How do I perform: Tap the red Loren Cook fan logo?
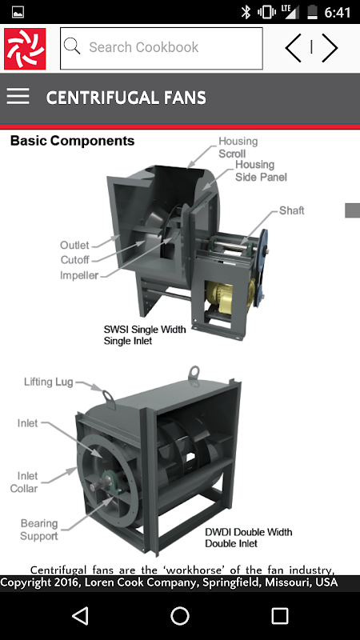25,49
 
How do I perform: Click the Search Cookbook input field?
162,48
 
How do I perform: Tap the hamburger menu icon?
18,97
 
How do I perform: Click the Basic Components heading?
72,141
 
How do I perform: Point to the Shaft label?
291,210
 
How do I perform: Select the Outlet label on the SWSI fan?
74,246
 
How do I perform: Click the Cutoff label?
74,260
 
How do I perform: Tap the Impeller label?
79,275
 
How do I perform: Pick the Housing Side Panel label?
261,170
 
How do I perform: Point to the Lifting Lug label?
49,382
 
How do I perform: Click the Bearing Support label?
39,530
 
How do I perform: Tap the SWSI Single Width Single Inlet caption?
145,335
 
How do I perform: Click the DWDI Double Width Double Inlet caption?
249,538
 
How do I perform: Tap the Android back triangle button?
80,616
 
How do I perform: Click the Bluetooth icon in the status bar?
246,12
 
